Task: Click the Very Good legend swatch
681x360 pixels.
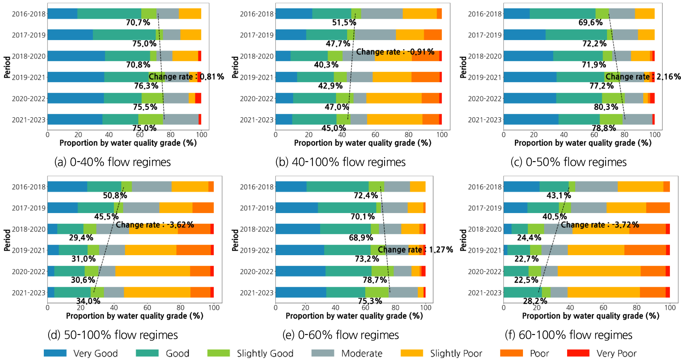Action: coord(55,353)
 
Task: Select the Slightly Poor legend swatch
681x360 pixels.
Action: coord(411,353)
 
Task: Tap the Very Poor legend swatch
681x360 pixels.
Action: coord(578,353)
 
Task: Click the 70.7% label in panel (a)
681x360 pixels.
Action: coord(138,23)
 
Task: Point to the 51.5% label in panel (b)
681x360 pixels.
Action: coord(344,23)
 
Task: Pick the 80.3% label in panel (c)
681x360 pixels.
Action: coord(606,107)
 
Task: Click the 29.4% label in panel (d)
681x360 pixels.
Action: coord(81,238)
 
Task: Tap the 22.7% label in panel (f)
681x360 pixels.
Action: coord(526,259)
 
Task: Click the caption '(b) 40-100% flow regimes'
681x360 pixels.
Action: coord(340,162)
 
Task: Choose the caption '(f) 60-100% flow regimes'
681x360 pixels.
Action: coord(568,335)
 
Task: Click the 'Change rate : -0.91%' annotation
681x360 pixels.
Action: coord(395,52)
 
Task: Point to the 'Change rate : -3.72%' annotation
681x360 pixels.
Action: coord(600,225)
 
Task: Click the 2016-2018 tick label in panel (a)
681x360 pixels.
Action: coord(29,14)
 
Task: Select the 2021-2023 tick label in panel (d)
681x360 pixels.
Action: coord(29,293)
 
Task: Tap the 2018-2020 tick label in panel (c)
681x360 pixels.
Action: coord(485,56)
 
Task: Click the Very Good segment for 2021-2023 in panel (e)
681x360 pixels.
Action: coord(301,292)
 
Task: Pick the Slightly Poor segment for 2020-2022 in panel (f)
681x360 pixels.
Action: coord(599,271)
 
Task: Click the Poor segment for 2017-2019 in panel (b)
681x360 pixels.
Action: coord(433,35)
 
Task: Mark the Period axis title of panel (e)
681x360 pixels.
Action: coord(235,240)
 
